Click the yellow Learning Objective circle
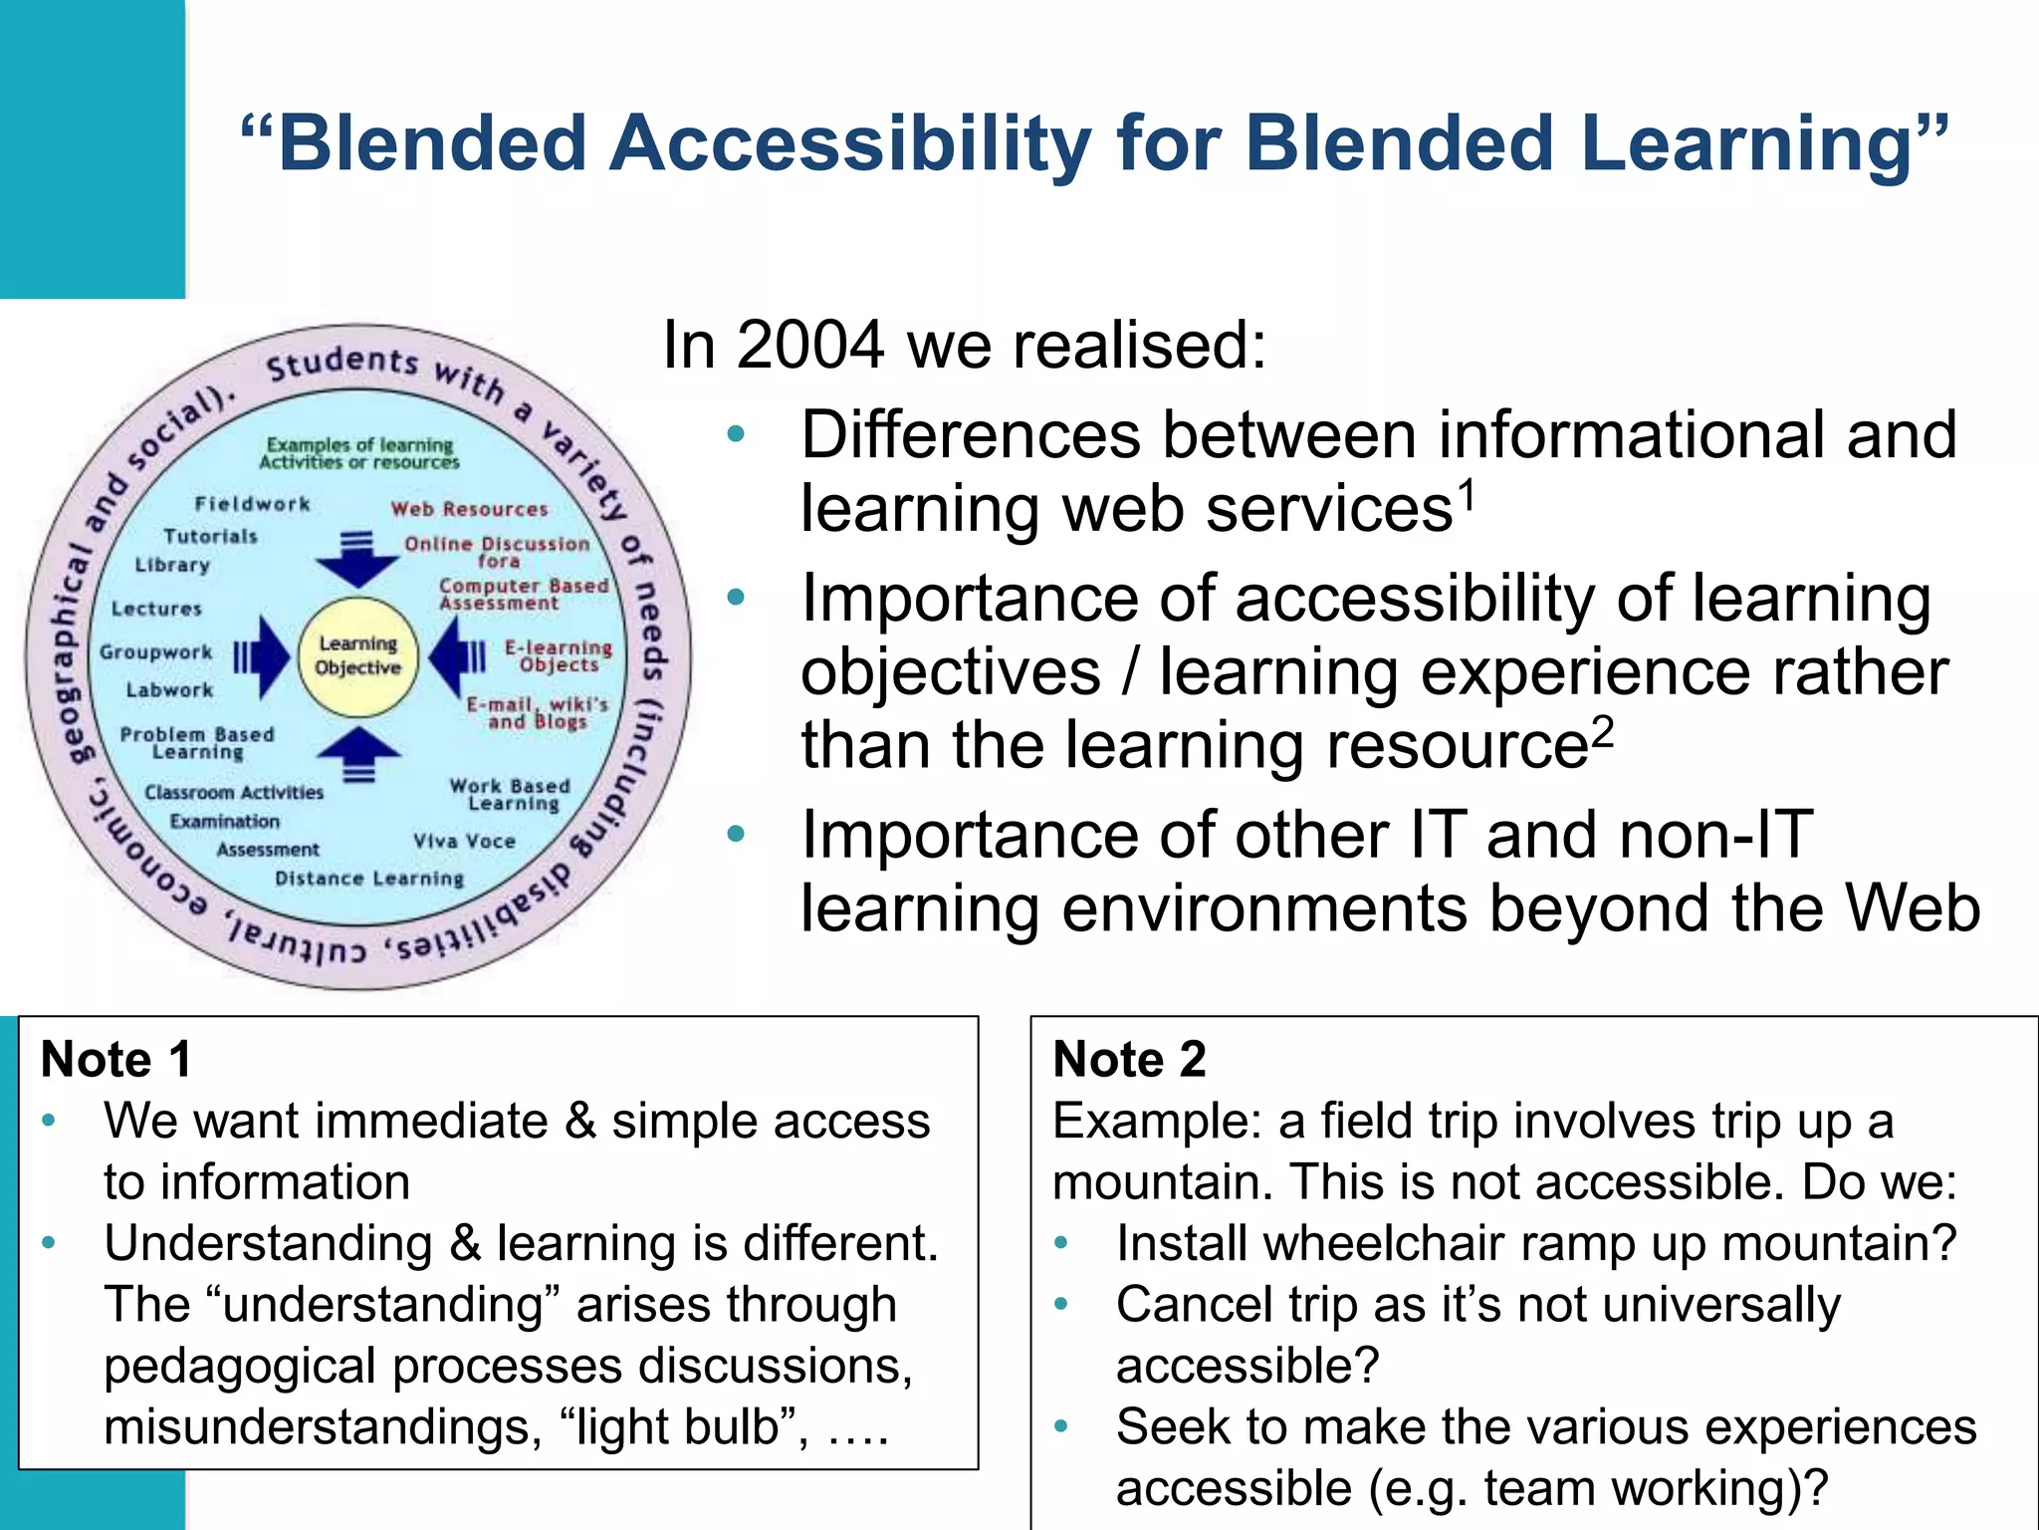(357, 657)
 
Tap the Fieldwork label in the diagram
(252, 504)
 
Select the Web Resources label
(469, 509)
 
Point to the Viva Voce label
(465, 841)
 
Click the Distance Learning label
(369, 879)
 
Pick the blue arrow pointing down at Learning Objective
(356, 560)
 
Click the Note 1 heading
(116, 1059)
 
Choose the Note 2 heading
(1129, 1059)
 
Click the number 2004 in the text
(810, 346)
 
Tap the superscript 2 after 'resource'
(1602, 731)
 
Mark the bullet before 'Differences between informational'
(736, 434)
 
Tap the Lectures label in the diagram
(156, 609)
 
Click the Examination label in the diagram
(224, 822)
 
